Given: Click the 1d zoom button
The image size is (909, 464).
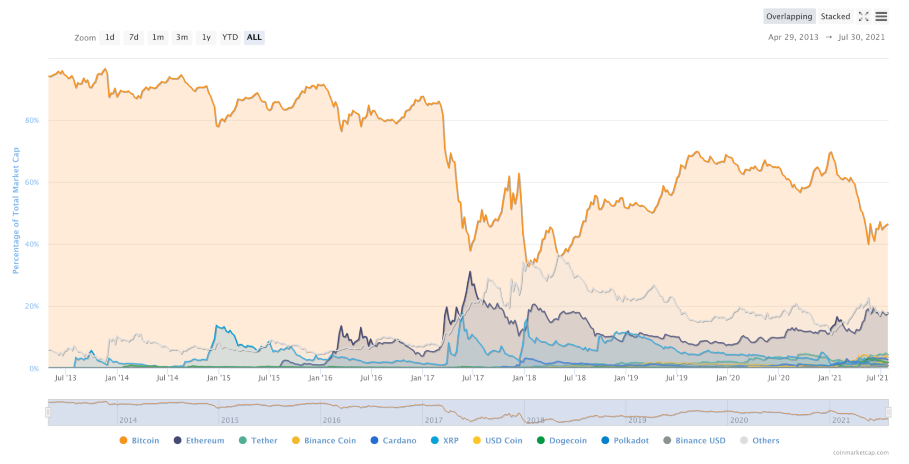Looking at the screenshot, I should pyautogui.click(x=110, y=37).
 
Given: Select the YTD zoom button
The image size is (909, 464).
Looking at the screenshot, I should pyautogui.click(x=230, y=37).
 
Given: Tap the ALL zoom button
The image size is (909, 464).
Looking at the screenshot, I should pyautogui.click(x=254, y=37).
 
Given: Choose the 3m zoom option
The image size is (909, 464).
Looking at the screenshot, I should pyautogui.click(x=182, y=37).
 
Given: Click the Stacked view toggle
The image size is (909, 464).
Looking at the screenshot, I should pyautogui.click(x=835, y=17).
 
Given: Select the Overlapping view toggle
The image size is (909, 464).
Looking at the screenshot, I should pyautogui.click(x=789, y=17).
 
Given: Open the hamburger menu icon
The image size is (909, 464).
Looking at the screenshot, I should pyautogui.click(x=881, y=17).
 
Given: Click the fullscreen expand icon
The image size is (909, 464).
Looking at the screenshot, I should pyautogui.click(x=864, y=17).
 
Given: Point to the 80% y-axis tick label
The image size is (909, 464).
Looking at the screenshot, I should pyautogui.click(x=32, y=120).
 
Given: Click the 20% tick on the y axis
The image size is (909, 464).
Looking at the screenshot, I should pyautogui.click(x=32, y=306).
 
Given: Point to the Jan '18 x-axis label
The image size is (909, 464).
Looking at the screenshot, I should pyautogui.click(x=524, y=378).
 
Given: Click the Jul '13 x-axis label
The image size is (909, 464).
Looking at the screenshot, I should pyautogui.click(x=65, y=378).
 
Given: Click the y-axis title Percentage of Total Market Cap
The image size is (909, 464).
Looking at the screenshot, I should pyautogui.click(x=16, y=210).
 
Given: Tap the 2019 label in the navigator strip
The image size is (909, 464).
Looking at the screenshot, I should pyautogui.click(x=637, y=420).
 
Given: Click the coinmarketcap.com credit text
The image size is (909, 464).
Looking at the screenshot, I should pyautogui.click(x=861, y=453).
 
